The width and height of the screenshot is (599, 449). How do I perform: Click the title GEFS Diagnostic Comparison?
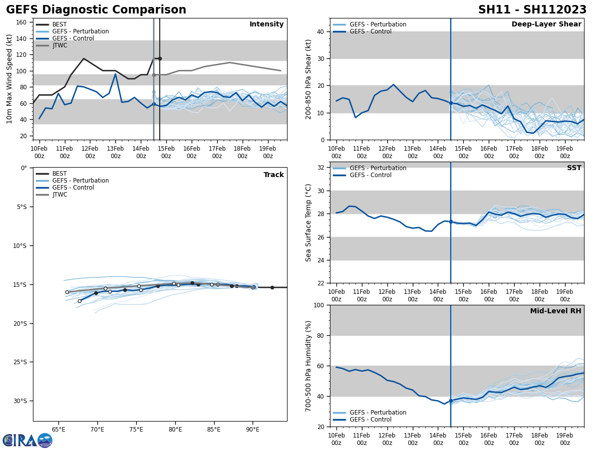(x=96, y=10)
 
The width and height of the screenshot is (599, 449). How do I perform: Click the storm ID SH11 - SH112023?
(x=532, y=10)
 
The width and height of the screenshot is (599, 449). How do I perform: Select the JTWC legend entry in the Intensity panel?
(x=59, y=45)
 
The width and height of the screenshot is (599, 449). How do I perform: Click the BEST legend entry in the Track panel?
(x=59, y=174)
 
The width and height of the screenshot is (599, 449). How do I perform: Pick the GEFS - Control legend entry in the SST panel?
(x=370, y=175)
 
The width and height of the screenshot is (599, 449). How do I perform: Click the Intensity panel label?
(x=267, y=24)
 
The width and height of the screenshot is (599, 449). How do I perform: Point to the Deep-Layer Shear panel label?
(x=546, y=24)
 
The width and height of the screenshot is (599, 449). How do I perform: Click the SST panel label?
(x=574, y=168)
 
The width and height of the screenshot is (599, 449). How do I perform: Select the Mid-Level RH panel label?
(x=555, y=311)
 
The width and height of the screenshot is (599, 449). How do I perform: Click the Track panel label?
(x=274, y=175)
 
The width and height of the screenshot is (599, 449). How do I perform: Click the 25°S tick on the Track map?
(x=20, y=362)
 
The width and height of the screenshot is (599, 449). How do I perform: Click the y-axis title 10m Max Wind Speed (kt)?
(x=9, y=79)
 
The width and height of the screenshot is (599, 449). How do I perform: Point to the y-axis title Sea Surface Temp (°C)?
(x=308, y=223)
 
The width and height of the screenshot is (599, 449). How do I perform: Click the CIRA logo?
(x=27, y=440)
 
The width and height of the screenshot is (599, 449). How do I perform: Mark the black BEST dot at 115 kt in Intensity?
(x=160, y=58)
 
